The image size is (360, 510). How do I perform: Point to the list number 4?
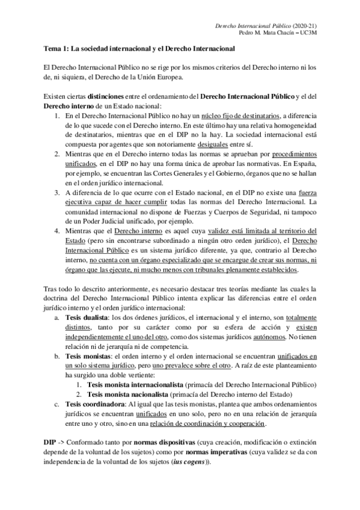(56, 214)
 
